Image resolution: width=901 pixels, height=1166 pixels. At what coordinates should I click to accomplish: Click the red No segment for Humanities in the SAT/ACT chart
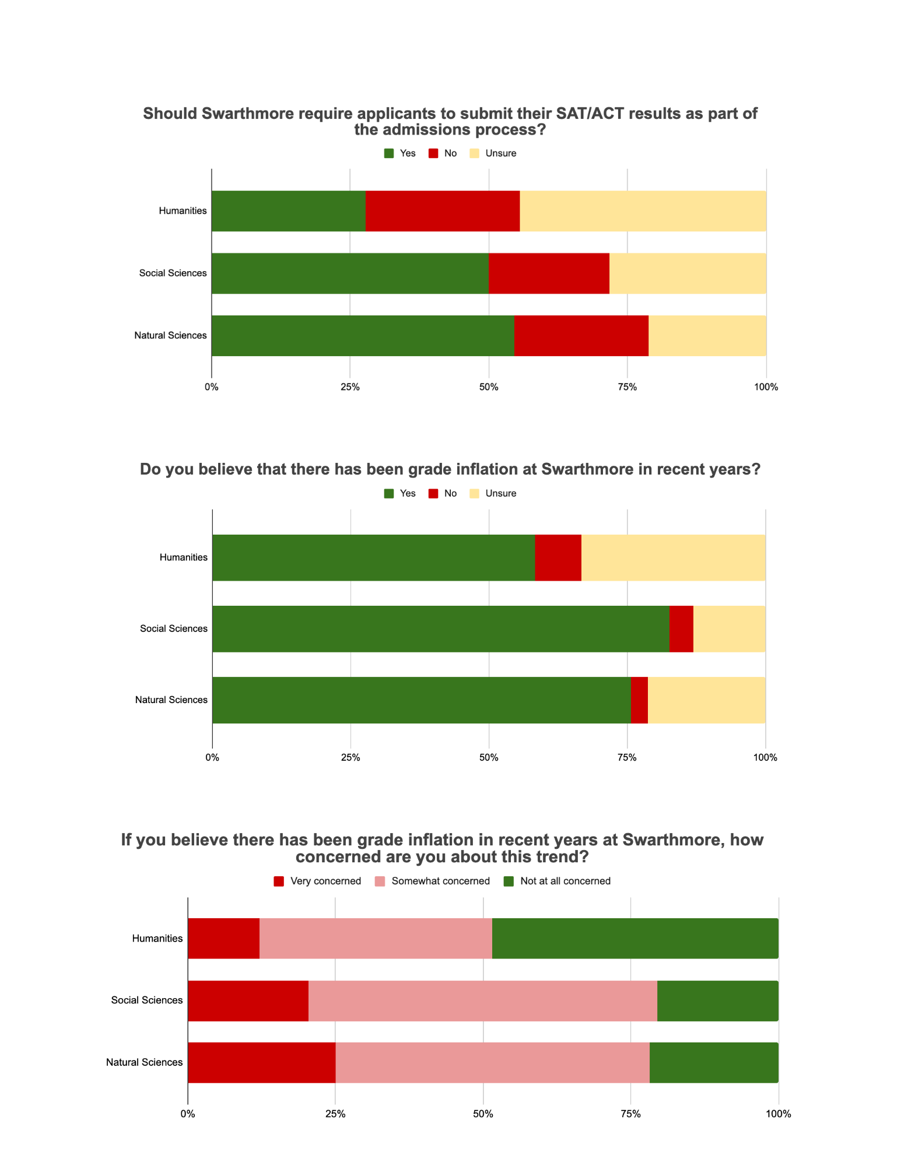(x=442, y=211)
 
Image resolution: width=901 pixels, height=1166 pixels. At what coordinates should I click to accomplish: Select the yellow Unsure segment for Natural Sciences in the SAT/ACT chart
(x=707, y=336)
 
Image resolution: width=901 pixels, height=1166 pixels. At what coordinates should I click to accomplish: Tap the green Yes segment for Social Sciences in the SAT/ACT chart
(x=350, y=273)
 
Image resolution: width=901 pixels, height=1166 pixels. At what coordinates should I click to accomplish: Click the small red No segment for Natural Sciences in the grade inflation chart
(x=639, y=700)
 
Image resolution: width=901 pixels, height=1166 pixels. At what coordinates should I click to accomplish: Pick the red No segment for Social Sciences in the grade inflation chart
(x=681, y=629)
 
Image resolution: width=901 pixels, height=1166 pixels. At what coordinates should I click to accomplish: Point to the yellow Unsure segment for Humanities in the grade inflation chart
(x=673, y=558)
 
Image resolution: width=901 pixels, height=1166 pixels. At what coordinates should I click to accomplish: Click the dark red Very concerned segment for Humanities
(x=223, y=939)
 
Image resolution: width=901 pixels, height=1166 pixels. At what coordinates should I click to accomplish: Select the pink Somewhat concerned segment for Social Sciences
(x=482, y=1001)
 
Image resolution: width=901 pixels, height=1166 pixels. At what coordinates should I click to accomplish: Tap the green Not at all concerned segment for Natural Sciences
(x=714, y=1063)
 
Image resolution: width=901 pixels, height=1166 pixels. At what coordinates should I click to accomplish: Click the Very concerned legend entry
(x=318, y=881)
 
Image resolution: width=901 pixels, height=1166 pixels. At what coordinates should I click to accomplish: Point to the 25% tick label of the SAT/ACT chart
(x=350, y=387)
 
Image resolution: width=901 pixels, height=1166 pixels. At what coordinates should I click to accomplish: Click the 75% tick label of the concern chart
(x=630, y=1114)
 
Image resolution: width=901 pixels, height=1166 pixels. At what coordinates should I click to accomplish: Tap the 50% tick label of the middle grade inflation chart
(x=489, y=757)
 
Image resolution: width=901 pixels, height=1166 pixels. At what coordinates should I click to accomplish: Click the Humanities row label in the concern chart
(x=157, y=939)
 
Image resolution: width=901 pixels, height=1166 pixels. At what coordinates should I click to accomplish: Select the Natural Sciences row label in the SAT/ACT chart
(x=170, y=336)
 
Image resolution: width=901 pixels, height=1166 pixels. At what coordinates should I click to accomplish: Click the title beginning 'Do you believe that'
(x=450, y=469)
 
